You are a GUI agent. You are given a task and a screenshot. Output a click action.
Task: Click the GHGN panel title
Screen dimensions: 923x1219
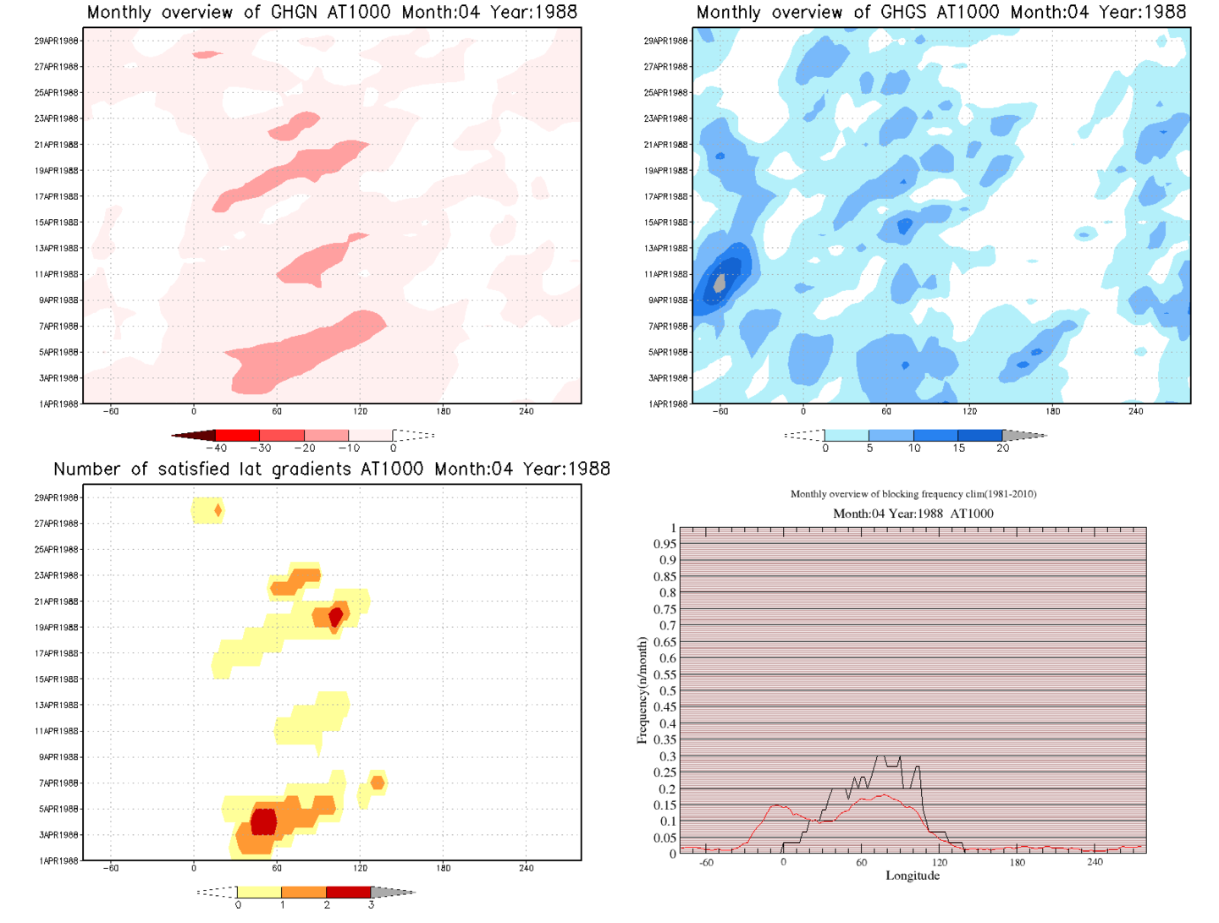[332, 13]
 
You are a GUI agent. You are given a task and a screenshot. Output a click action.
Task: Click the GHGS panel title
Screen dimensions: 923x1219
[940, 13]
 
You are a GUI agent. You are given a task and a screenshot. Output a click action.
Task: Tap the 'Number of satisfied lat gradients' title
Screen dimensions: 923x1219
[332, 470]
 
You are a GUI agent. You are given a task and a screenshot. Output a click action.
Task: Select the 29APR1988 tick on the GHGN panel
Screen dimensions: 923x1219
[57, 41]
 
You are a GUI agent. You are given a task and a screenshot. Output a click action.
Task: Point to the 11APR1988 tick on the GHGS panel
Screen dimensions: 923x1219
[666, 274]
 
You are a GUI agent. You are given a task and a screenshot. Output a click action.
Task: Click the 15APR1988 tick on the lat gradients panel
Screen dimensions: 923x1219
[57, 679]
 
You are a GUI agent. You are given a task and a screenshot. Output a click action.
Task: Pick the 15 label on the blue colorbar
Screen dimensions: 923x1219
[958, 448]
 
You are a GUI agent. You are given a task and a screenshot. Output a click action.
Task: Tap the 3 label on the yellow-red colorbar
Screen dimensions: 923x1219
[371, 905]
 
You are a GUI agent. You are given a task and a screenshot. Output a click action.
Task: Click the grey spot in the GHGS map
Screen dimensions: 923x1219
[720, 283]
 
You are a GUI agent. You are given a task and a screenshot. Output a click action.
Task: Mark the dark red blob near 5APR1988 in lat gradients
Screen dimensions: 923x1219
[264, 821]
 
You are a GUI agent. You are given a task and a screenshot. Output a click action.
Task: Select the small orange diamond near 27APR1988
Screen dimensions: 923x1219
[218, 510]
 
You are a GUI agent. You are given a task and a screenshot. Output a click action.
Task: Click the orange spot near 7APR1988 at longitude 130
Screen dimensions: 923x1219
[378, 783]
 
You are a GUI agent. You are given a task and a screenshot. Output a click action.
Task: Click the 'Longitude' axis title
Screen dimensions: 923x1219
[912, 876]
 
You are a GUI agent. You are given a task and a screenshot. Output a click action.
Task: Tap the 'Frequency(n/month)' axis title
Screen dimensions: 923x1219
[642, 690]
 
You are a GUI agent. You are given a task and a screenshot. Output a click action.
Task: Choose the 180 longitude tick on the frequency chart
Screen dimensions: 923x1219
[1017, 863]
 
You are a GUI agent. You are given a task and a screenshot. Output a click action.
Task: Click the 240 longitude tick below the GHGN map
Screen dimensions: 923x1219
[526, 412]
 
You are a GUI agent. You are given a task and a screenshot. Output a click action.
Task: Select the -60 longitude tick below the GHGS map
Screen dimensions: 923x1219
[720, 412]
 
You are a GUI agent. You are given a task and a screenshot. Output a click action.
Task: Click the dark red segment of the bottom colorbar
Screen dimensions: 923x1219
[348, 893]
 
